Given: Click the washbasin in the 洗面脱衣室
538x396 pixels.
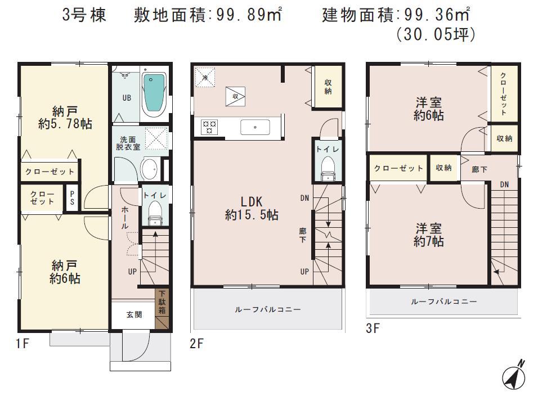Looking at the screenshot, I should coord(149,168).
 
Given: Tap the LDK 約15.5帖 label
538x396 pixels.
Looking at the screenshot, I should coord(252,208).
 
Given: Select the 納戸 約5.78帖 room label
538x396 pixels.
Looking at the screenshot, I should coord(65,117).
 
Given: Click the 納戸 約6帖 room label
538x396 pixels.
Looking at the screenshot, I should coord(64,272).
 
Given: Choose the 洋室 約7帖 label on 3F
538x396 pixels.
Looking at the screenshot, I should coord(429,235).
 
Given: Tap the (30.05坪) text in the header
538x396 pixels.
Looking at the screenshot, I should coord(436,35).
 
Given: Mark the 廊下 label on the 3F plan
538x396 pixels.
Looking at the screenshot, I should coord(479,169).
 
